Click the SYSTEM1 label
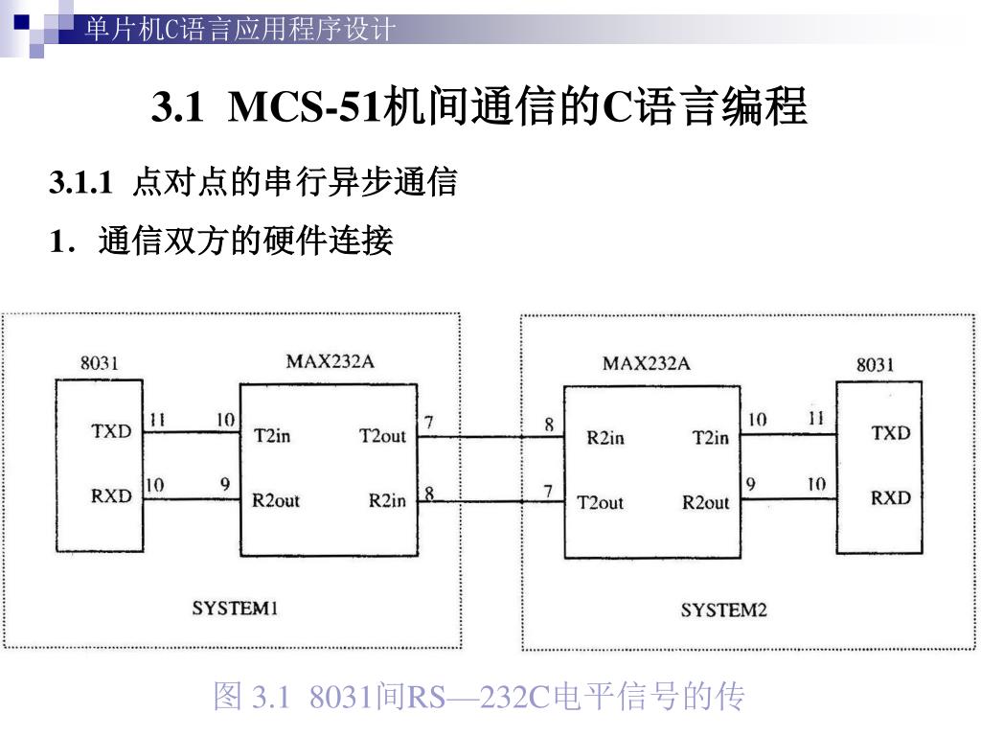(236, 608)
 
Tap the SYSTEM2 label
(724, 609)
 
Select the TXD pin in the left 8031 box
(111, 431)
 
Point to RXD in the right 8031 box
(890, 497)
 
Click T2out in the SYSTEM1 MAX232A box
(382, 436)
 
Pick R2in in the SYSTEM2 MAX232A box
(605, 438)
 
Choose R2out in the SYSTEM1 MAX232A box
(276, 500)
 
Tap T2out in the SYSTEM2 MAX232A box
(600, 502)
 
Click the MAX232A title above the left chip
(330, 361)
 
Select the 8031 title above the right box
(875, 364)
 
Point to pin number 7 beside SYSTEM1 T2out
(428, 421)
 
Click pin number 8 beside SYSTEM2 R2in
(549, 425)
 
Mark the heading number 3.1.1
(80, 182)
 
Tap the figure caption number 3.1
(269, 698)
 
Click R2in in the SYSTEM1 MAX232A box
(387, 500)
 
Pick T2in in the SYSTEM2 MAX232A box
(710, 438)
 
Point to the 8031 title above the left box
(99, 363)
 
